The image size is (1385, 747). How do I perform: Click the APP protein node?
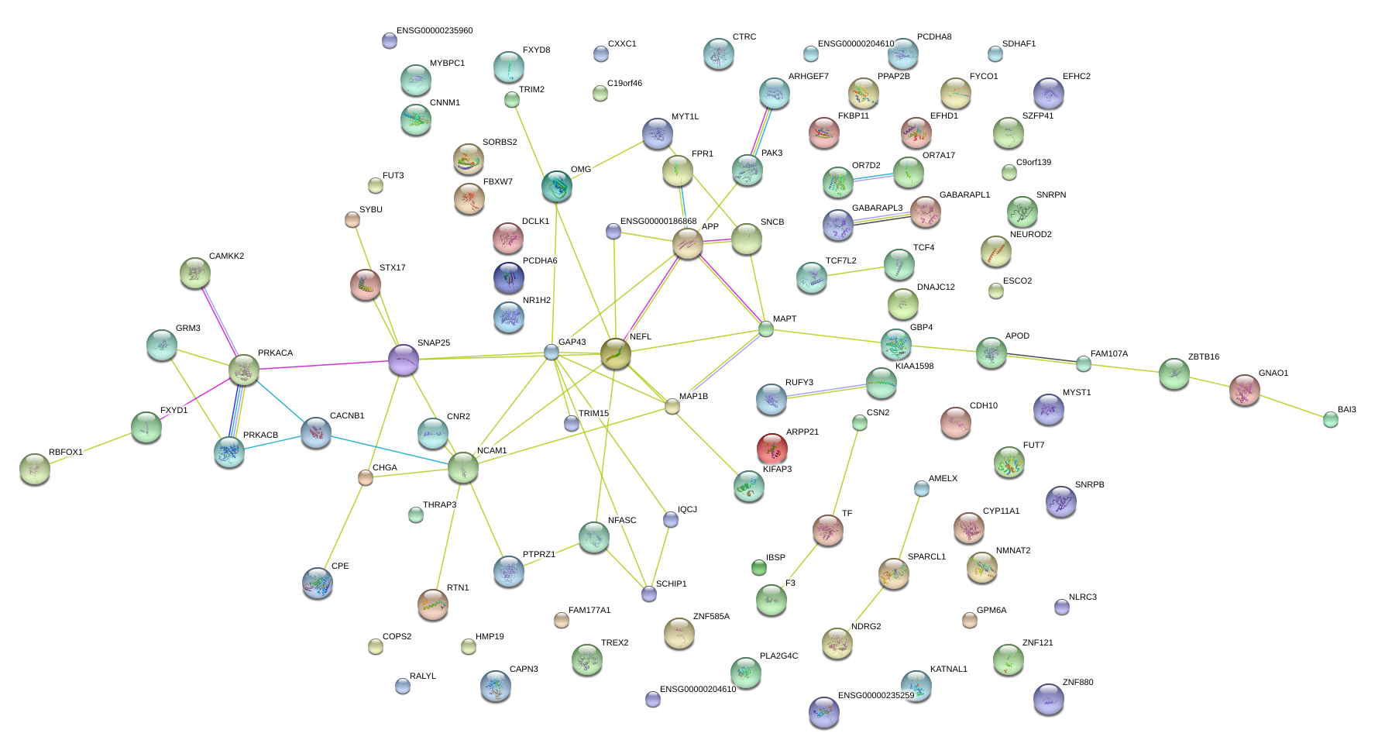(x=687, y=243)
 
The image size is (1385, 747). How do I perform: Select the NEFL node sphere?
(x=616, y=354)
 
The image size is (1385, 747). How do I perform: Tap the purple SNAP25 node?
(x=404, y=360)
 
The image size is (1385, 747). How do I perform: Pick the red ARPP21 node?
(x=772, y=448)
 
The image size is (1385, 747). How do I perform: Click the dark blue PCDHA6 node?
(x=508, y=277)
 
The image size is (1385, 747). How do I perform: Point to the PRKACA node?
(x=244, y=370)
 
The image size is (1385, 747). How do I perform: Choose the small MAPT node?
(x=766, y=329)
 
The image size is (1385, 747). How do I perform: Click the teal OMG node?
(x=556, y=186)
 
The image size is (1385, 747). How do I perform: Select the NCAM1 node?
(x=463, y=467)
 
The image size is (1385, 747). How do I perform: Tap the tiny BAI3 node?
(x=1330, y=419)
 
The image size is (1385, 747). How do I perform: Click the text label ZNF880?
(x=1077, y=683)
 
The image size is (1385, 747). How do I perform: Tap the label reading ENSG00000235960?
(x=434, y=31)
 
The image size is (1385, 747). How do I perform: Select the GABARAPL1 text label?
(x=964, y=195)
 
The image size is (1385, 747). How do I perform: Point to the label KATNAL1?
(x=948, y=670)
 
